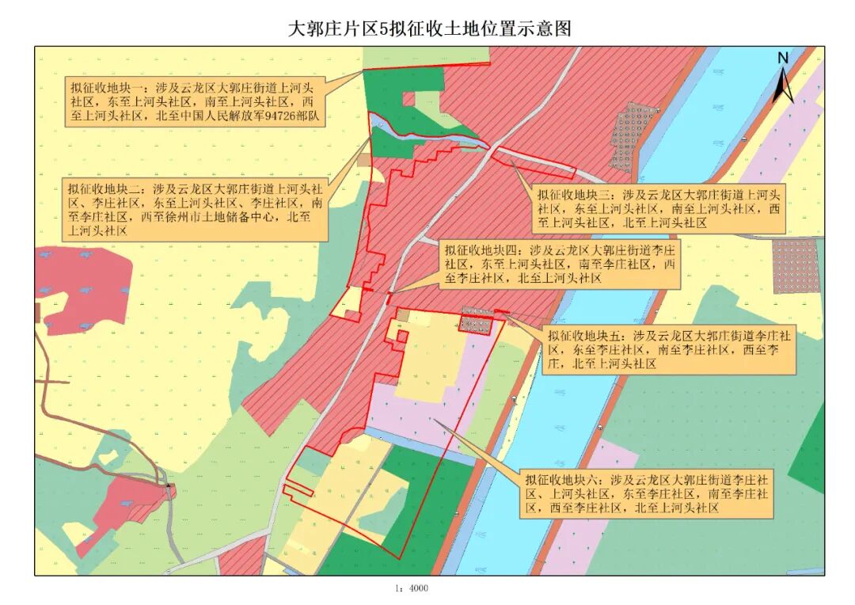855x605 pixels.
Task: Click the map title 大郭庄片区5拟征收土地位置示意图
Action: [428, 29]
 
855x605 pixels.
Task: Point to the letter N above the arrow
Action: [782, 58]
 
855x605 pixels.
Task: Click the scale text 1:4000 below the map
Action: [411, 588]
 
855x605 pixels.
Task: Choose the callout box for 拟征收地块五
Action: [669, 350]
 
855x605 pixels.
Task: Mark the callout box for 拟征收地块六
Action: [646, 494]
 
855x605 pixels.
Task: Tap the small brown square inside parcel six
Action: [403, 315]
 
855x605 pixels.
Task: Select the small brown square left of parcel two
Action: [363, 160]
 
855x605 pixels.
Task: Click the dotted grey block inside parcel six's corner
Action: [476, 323]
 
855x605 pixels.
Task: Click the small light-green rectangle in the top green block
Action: [408, 99]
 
